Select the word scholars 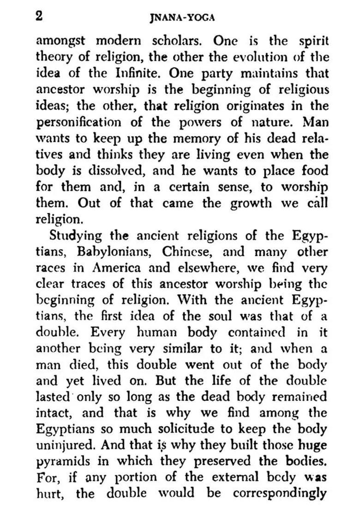pos(176,41)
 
